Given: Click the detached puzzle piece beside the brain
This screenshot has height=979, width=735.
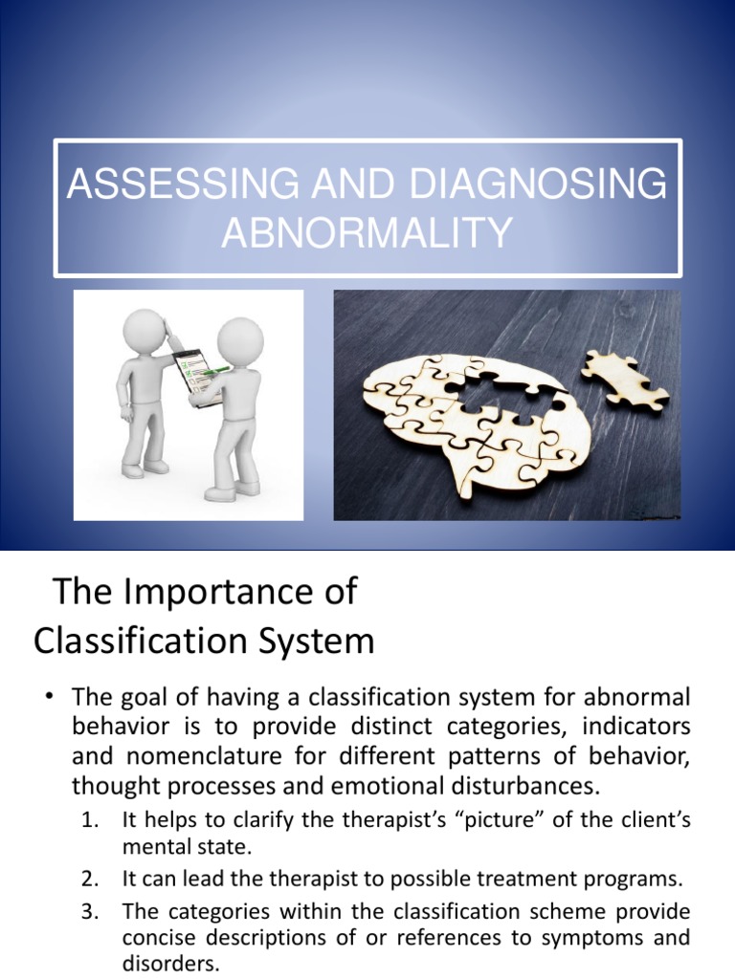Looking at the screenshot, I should click(625, 380).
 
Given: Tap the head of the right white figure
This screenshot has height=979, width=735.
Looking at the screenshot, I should click(238, 339).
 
